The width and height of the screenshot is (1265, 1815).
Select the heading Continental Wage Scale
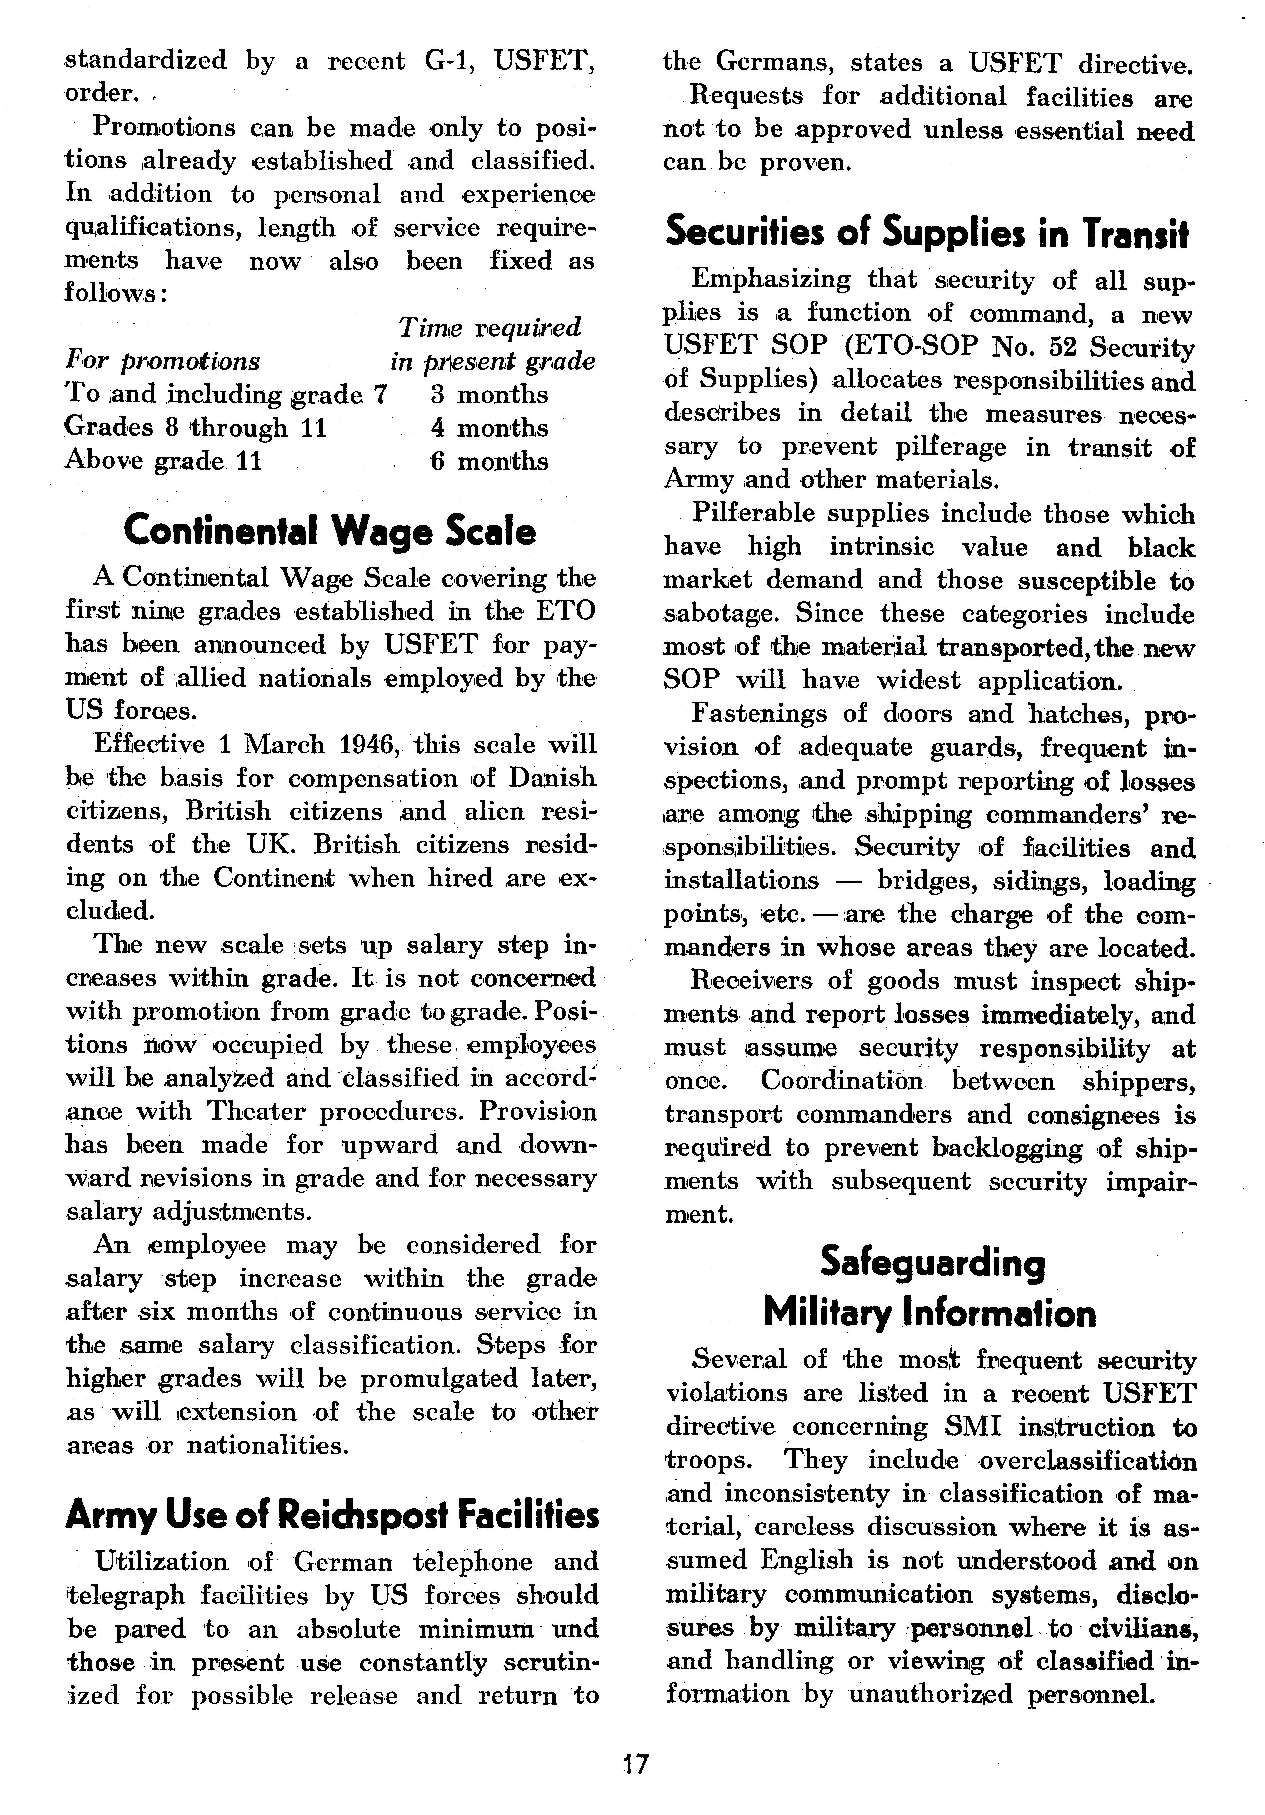[330, 531]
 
